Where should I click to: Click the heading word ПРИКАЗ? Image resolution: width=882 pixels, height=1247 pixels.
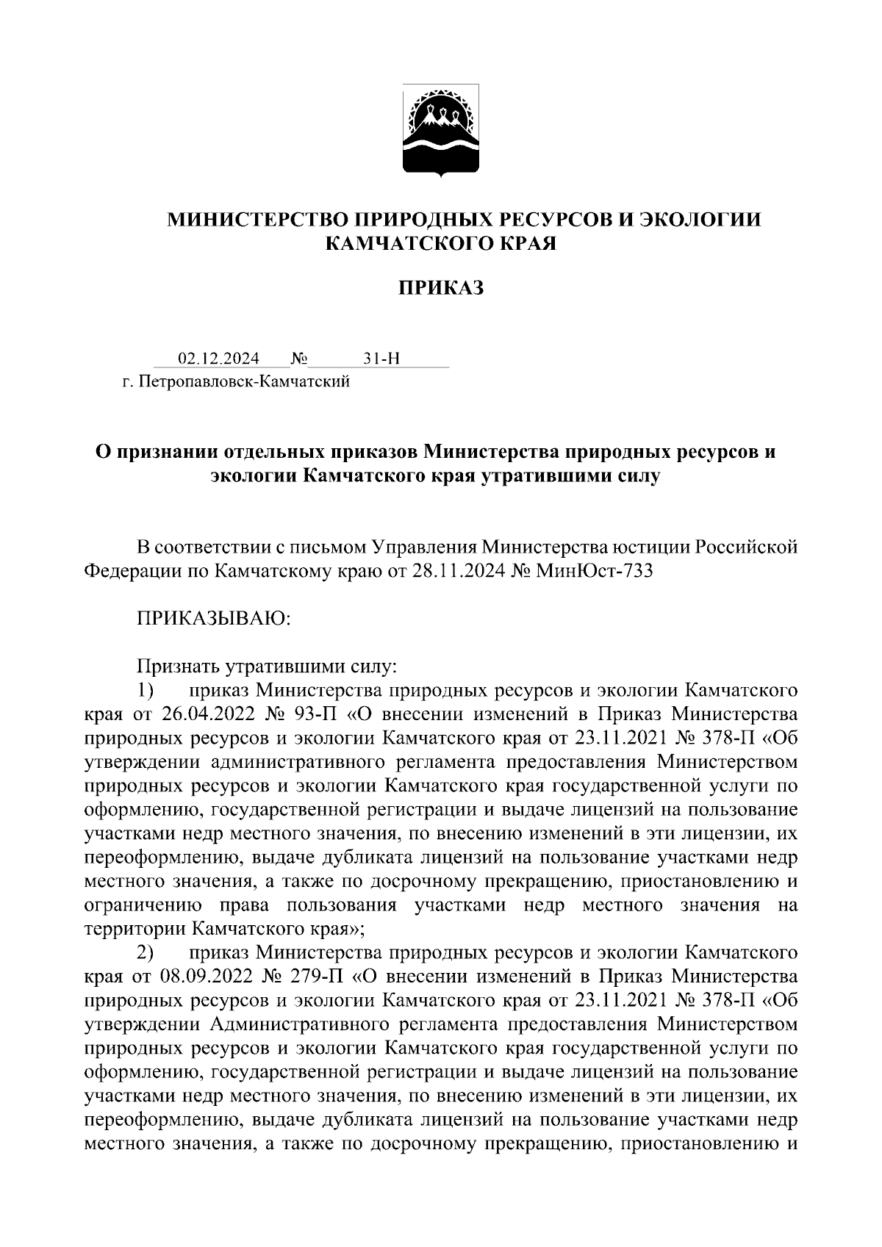[441, 288]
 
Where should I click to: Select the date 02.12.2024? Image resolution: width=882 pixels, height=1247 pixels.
[218, 359]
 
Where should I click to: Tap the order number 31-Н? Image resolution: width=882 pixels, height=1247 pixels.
[381, 359]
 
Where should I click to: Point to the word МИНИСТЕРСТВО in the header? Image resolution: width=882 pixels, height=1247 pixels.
[257, 219]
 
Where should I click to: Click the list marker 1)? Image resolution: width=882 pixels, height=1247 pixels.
[145, 690]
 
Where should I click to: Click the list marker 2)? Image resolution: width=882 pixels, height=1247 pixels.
[145, 953]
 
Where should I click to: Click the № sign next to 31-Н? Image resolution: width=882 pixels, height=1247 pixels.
[298, 359]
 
